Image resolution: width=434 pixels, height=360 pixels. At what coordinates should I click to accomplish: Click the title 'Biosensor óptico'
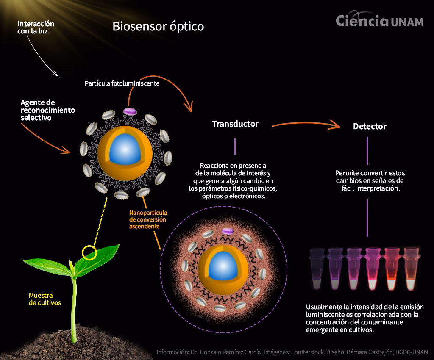pos(158,26)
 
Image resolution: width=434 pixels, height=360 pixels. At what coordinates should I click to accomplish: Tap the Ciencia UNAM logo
pos(379,21)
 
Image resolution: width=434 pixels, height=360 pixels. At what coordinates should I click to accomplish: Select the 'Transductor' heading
pos(235,124)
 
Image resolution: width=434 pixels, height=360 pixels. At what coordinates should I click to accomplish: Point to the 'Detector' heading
pos(370,126)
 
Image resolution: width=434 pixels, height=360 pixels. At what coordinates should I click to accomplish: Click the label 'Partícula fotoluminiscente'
pos(122,83)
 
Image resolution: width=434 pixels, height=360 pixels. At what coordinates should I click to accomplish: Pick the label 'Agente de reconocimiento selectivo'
pos(47,110)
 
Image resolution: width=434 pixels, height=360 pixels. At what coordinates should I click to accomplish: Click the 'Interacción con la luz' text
pos(36,28)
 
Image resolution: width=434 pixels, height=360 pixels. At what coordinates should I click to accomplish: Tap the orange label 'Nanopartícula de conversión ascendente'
pos(148,219)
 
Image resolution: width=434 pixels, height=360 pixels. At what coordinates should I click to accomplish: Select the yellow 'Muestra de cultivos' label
pos(45,299)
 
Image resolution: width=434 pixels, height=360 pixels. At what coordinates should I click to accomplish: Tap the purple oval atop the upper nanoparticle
pos(130,111)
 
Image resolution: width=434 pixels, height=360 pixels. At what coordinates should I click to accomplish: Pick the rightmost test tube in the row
pos(411,269)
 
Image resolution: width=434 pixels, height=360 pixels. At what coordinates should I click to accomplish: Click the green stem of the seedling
pos(74,305)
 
